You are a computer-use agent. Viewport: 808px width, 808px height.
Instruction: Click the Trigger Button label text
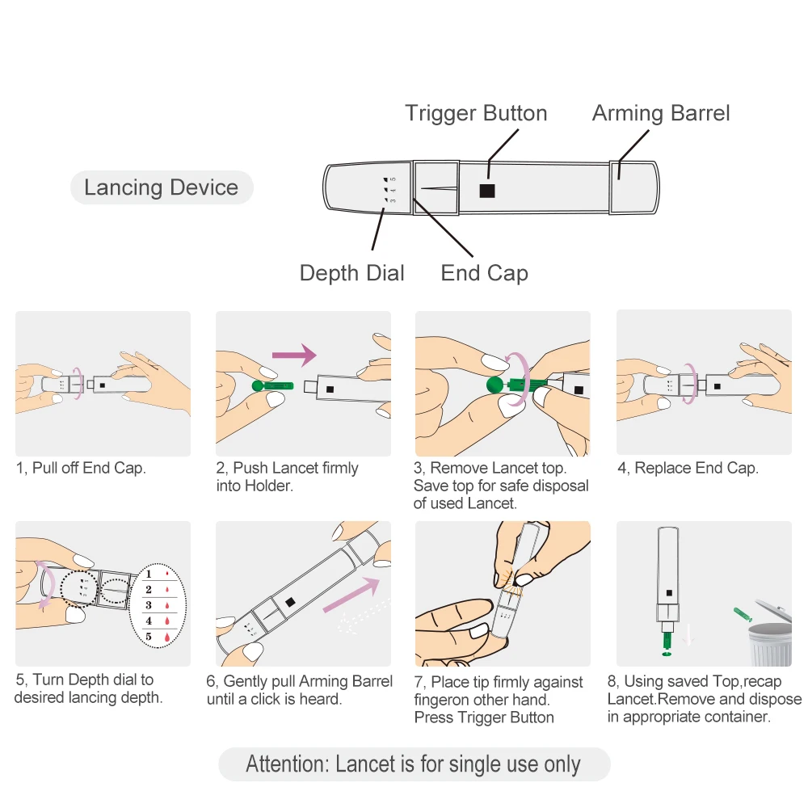click(x=476, y=113)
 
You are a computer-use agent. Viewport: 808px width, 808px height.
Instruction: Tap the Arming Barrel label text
click(x=661, y=113)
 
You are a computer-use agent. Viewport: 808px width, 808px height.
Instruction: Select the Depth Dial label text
click(x=351, y=273)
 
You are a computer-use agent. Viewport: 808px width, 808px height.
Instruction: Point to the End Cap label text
click(x=484, y=273)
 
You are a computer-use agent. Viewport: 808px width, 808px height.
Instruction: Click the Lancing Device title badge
click(x=162, y=188)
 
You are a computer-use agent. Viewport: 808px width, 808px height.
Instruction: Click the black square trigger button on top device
click(x=487, y=191)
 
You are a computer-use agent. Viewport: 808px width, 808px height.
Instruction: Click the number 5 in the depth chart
click(x=149, y=637)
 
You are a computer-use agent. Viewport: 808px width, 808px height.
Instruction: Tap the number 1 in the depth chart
click(x=149, y=574)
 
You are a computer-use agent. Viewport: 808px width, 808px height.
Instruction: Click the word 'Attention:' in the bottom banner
click(x=288, y=764)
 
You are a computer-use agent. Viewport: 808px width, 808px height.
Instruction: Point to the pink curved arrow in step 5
click(x=46, y=587)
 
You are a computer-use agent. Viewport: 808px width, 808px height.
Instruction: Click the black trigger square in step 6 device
click(x=289, y=602)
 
